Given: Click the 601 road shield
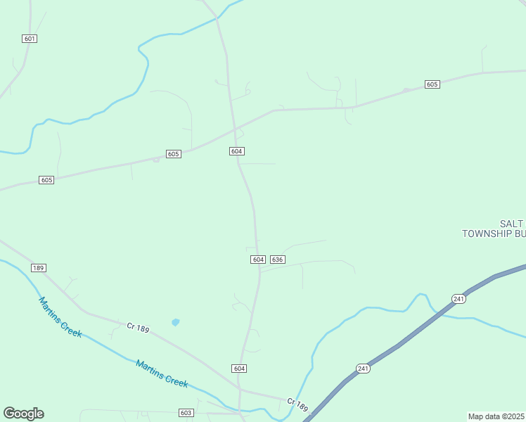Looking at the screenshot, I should click(x=30, y=39).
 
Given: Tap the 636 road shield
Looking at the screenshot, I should click(x=277, y=260).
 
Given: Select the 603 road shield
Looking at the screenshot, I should click(x=186, y=413).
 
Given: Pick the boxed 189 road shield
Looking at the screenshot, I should click(x=39, y=268).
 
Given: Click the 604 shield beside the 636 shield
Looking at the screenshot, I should click(x=257, y=260).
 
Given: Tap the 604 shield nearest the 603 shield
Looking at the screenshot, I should click(x=239, y=369).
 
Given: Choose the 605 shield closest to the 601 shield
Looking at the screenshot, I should click(x=46, y=180).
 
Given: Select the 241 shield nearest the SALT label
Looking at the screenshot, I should click(x=458, y=298).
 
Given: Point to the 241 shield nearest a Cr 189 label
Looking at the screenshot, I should click(x=363, y=369).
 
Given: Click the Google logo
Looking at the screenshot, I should click(x=23, y=414).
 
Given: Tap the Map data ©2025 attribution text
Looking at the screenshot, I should click(x=496, y=416).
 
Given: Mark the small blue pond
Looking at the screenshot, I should click(x=175, y=322).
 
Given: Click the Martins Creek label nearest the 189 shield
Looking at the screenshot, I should click(x=60, y=317).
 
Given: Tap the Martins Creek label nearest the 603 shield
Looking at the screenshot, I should click(x=162, y=373).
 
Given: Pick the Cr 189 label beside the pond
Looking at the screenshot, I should click(x=138, y=328).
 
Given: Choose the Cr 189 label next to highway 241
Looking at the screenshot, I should click(x=297, y=404).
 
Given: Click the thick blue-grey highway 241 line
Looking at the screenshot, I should click(x=408, y=339).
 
